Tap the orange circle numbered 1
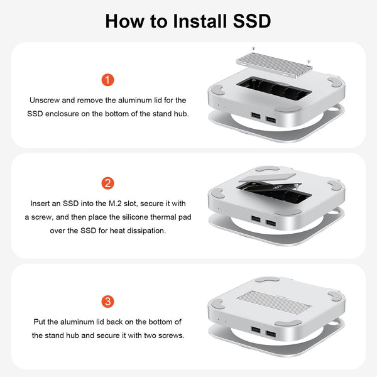click(x=108, y=80)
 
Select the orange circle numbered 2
click(x=108, y=183)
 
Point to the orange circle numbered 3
click(x=108, y=301)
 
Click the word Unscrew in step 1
click(x=44, y=101)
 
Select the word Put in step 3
click(x=41, y=322)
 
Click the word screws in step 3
click(x=172, y=335)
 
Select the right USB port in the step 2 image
click(x=270, y=223)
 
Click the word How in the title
click(x=124, y=21)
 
